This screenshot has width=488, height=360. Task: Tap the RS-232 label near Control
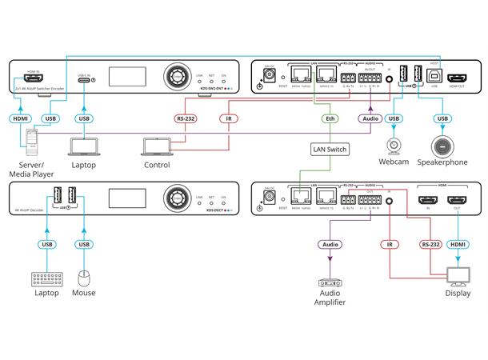(x=186, y=119)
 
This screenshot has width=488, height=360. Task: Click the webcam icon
(x=393, y=147)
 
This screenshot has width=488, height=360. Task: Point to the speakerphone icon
(x=441, y=146)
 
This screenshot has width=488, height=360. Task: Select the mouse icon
(x=83, y=278)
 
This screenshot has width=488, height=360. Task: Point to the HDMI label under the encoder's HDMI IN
(x=20, y=119)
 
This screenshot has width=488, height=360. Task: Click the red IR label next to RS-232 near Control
(x=230, y=119)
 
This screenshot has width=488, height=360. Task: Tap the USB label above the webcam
(x=393, y=119)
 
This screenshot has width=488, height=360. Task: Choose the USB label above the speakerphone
(x=441, y=119)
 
